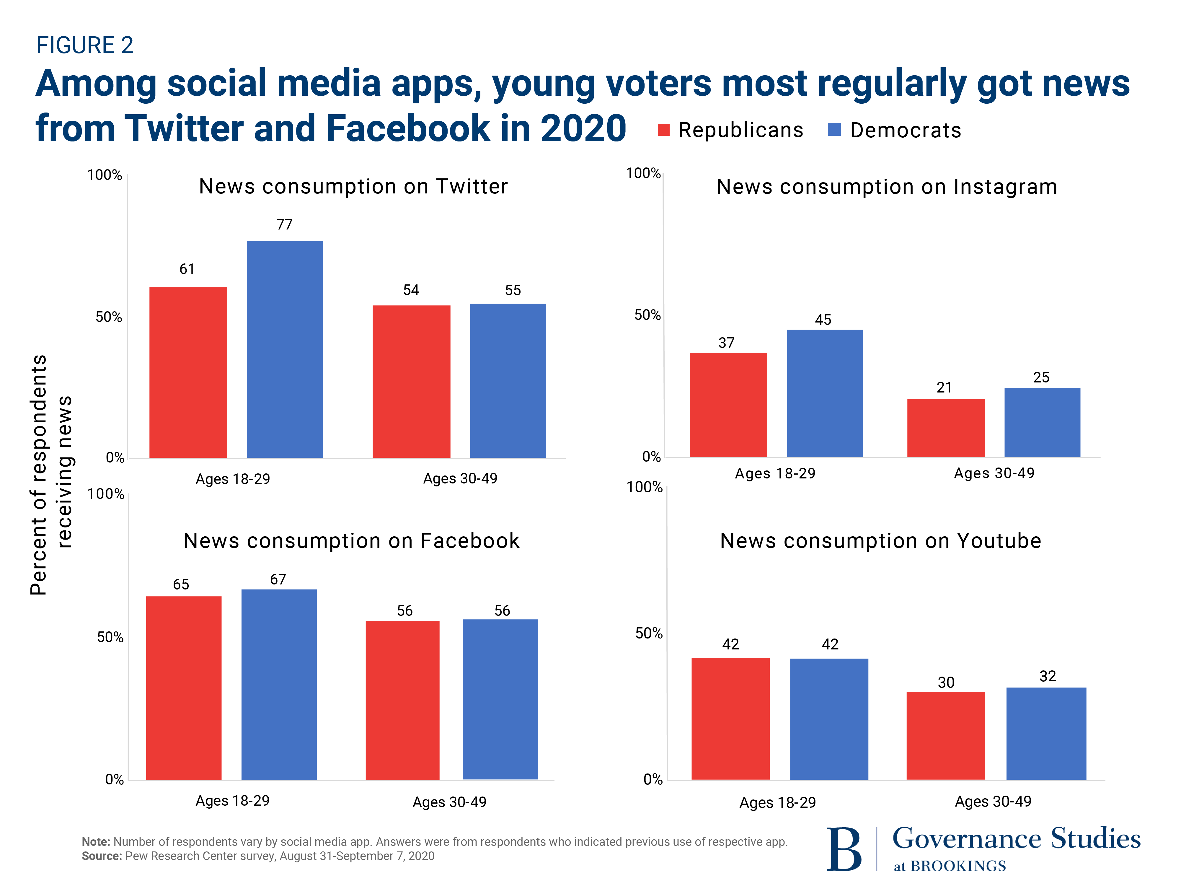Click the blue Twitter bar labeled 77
pos(285,349)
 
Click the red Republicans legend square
pos(664,130)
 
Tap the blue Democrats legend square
pos(834,129)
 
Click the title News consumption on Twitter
pos(353,186)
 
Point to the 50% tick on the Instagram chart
pos(647,315)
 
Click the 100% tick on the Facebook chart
pos(106,494)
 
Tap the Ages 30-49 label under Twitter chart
pos(460,478)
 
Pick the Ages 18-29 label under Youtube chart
pos(777,802)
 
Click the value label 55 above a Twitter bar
pos(513,290)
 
